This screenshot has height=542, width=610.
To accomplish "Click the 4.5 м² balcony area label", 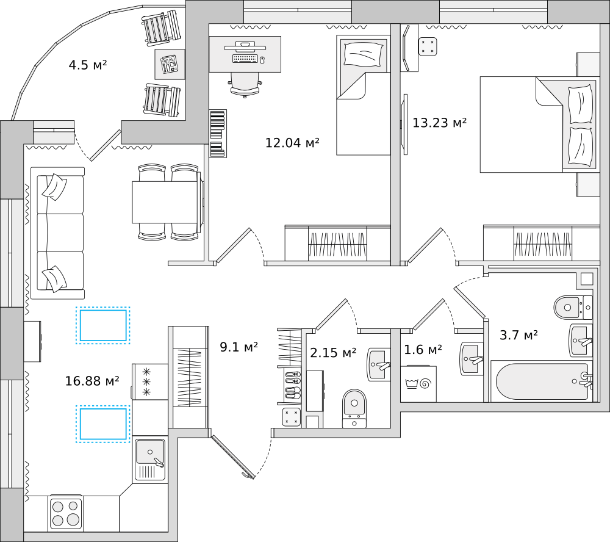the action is pyautogui.click(x=87, y=65).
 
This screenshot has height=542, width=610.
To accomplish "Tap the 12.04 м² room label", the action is pyautogui.click(x=292, y=142).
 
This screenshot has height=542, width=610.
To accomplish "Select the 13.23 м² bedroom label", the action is pyautogui.click(x=439, y=123).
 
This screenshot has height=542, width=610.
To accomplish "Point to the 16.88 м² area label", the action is pyautogui.click(x=92, y=380).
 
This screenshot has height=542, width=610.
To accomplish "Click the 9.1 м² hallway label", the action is pyautogui.click(x=239, y=347).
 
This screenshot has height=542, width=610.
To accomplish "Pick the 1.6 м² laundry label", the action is pyautogui.click(x=423, y=349).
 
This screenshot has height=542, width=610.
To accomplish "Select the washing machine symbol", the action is pyautogui.click(x=418, y=383).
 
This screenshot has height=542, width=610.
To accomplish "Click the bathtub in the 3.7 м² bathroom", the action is pyautogui.click(x=542, y=381).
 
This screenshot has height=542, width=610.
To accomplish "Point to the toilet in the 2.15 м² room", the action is pyautogui.click(x=354, y=408).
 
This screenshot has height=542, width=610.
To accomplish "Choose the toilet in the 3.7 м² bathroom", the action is pyautogui.click(x=573, y=308).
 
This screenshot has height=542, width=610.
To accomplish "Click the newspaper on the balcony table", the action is pyautogui.click(x=170, y=64).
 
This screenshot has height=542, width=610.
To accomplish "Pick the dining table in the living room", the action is pyautogui.click(x=165, y=201).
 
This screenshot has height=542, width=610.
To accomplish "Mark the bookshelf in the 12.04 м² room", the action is pyautogui.click(x=218, y=134).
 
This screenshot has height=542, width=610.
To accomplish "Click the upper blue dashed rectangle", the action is pyautogui.click(x=102, y=325).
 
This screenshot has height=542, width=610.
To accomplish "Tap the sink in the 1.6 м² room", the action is pyautogui.click(x=472, y=358).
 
